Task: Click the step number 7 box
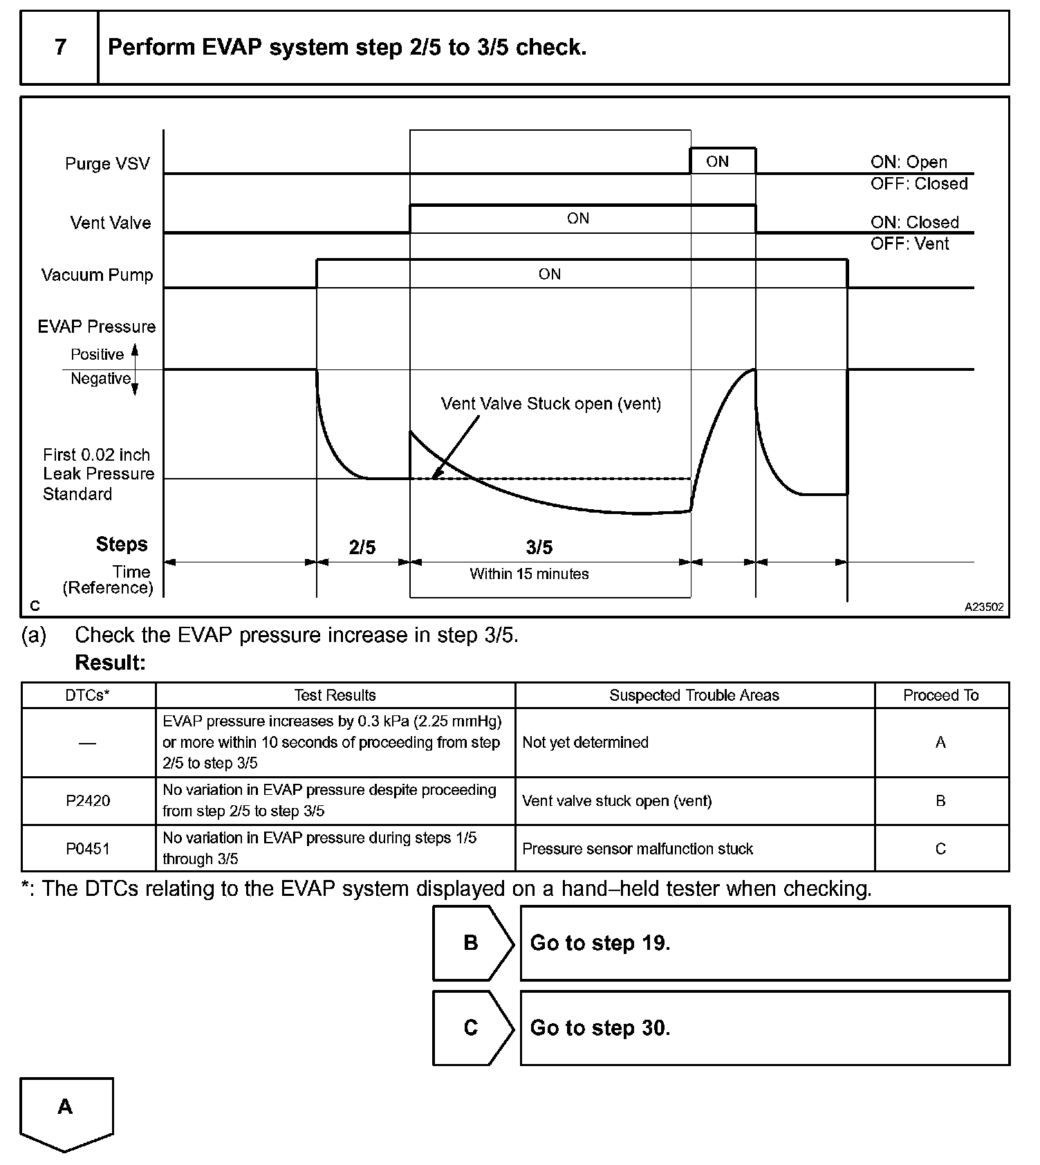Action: pos(60,47)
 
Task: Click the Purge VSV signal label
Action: pos(107,164)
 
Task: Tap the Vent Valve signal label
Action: pos(111,223)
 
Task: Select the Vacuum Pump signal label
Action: pos(97,275)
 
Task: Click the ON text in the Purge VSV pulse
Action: pos(717,161)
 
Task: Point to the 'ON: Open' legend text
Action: pos(909,162)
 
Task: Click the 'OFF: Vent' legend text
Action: pos(909,244)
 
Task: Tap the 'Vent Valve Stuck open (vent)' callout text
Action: pos(550,403)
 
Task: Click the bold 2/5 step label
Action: pos(362,547)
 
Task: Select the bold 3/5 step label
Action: pos(539,547)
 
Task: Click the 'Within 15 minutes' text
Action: pos(529,574)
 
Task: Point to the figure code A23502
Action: pos(984,607)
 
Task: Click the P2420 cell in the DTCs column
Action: pos(88,800)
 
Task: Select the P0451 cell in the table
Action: pos(88,848)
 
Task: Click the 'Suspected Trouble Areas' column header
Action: pos(694,695)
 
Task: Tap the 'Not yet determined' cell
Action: pos(585,742)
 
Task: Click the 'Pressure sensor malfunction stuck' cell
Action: pos(637,848)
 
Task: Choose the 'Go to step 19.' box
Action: pos(764,943)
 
